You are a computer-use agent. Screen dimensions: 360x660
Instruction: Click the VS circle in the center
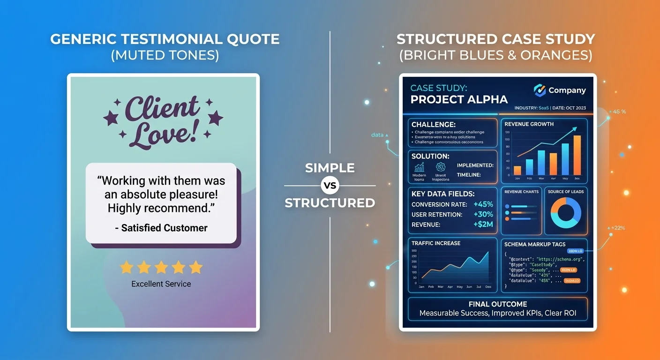coord(330,186)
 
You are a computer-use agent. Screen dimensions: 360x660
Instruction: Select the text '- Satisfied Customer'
coord(161,228)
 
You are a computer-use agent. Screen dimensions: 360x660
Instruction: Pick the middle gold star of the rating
coord(161,267)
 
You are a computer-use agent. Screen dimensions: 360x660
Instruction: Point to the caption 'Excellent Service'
coord(161,284)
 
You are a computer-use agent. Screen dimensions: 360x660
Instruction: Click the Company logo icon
coord(540,90)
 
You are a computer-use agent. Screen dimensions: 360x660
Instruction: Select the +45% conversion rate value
coord(483,204)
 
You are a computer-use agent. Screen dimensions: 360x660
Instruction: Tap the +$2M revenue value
coord(483,225)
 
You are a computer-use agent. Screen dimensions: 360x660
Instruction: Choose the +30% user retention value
coord(483,215)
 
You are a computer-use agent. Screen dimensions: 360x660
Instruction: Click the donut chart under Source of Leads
coord(565,213)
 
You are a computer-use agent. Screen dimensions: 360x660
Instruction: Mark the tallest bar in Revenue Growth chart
coord(577,155)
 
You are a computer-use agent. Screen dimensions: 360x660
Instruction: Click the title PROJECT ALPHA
coord(459,99)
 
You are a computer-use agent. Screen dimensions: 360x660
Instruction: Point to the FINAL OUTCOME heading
coord(498,304)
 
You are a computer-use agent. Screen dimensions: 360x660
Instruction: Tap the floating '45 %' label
coord(620,112)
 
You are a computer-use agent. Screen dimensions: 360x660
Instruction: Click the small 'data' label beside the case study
coord(377,135)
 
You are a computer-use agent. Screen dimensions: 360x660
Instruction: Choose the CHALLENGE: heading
coord(434,125)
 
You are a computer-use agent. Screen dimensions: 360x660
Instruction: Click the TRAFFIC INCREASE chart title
coord(436,243)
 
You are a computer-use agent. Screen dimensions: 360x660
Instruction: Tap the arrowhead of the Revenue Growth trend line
coord(574,128)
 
